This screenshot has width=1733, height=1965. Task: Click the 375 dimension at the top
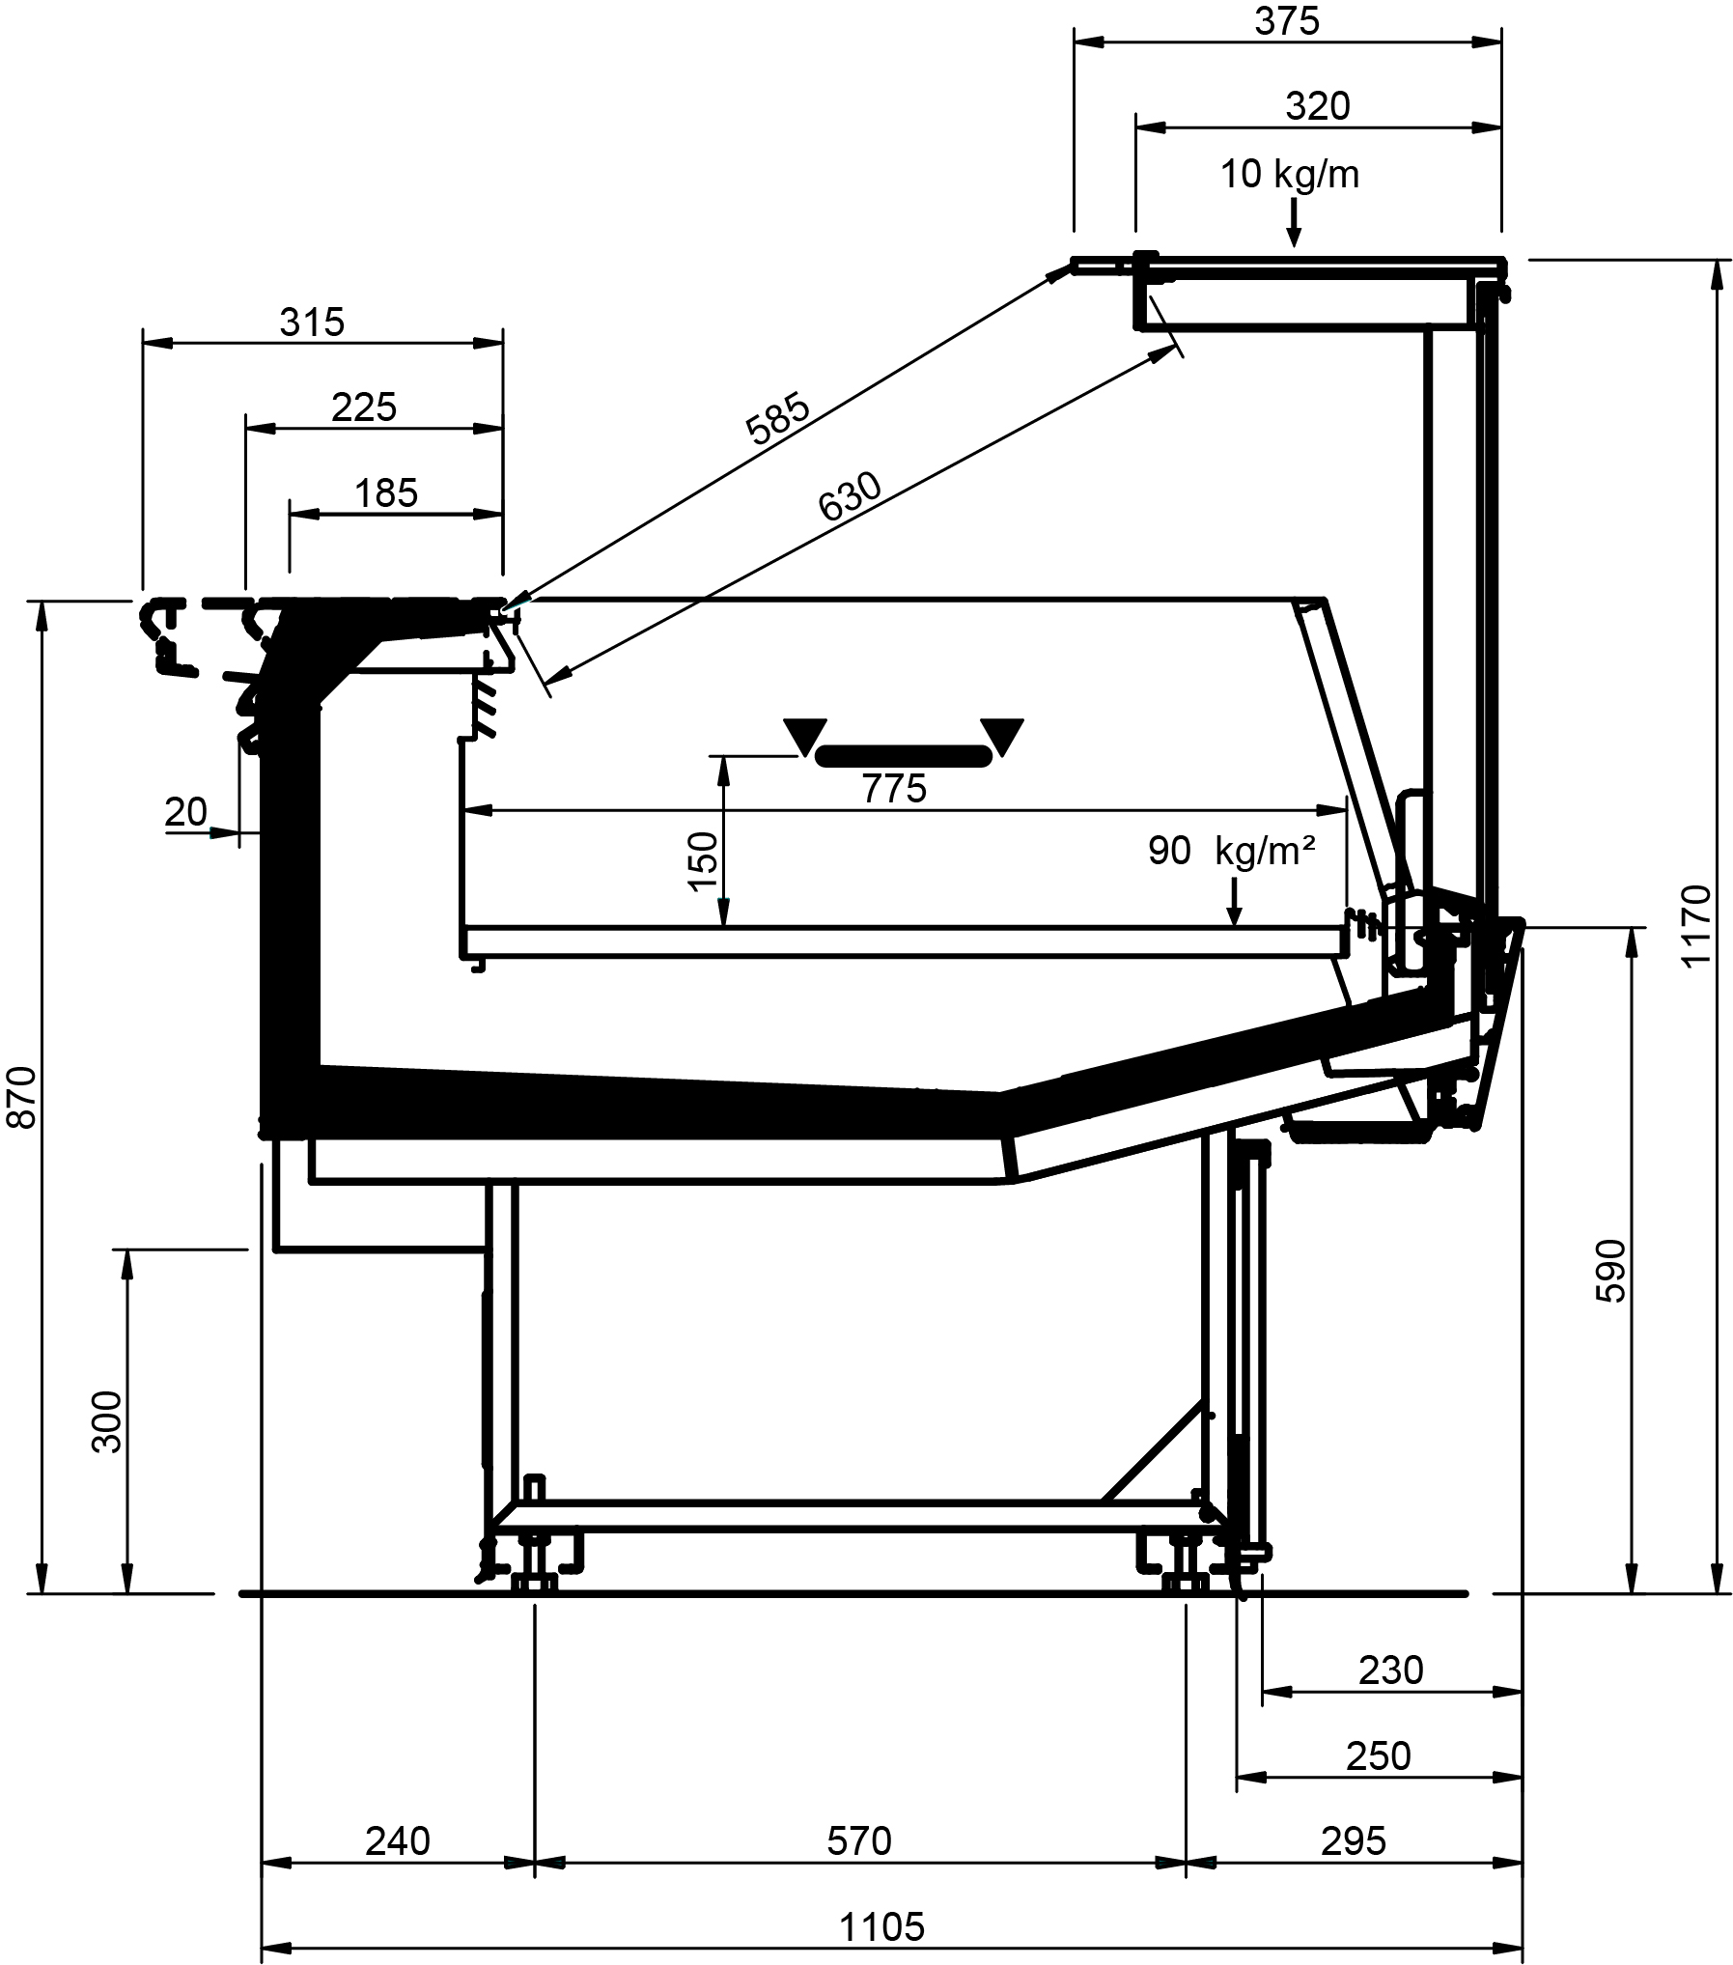(x=1287, y=21)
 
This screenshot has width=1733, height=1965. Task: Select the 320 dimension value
(x=1317, y=106)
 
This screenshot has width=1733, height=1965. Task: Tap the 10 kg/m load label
(x=1290, y=175)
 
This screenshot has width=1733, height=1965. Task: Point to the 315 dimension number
(x=312, y=323)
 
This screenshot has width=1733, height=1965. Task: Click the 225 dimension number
(x=364, y=407)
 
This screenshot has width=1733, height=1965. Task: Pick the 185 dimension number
(x=386, y=493)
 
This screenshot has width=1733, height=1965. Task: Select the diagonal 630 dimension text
(x=850, y=495)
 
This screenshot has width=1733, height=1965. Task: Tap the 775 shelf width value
(x=894, y=789)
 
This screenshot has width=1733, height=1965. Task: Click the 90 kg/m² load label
(x=1232, y=851)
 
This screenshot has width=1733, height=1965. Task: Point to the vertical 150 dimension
(x=704, y=860)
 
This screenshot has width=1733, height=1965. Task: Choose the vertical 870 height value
(x=21, y=1097)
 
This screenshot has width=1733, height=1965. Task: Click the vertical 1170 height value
(x=1695, y=925)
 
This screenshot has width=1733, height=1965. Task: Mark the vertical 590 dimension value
(x=1610, y=1271)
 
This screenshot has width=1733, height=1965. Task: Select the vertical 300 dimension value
(x=106, y=1422)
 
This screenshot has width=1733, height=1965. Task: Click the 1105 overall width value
(x=881, y=1927)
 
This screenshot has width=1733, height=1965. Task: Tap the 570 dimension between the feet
(x=859, y=1841)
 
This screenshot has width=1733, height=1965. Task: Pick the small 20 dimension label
(x=186, y=812)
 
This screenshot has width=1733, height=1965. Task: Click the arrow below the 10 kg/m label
(x=1294, y=223)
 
